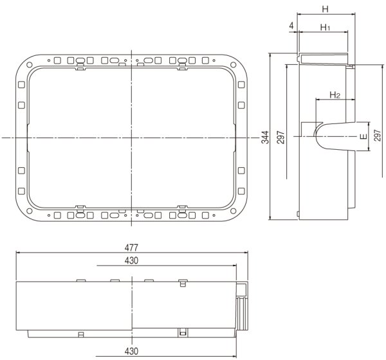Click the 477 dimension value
133,248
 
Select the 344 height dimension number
265,137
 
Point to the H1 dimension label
325,28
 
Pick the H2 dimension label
335,95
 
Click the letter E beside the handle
363,137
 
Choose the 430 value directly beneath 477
133,260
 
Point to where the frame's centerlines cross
131,138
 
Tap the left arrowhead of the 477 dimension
17,253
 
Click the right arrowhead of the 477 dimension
250,253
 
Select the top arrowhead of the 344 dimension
271,55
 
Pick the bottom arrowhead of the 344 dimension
271,219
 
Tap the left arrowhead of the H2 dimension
317,100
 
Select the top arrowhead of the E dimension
369,125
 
